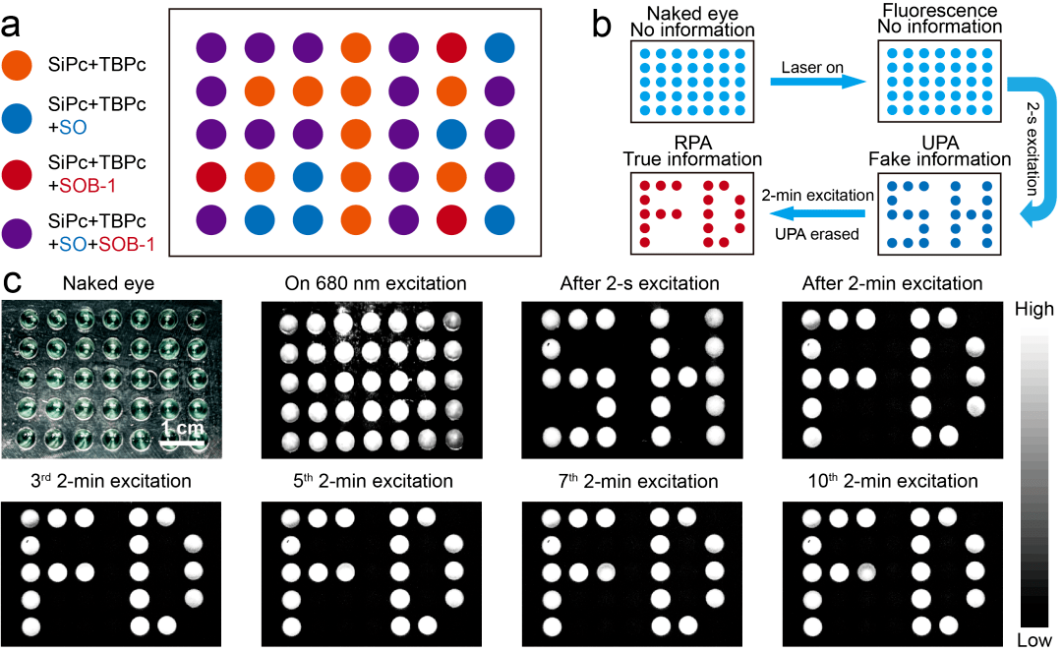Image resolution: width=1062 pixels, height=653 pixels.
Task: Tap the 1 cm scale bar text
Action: point(184,430)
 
